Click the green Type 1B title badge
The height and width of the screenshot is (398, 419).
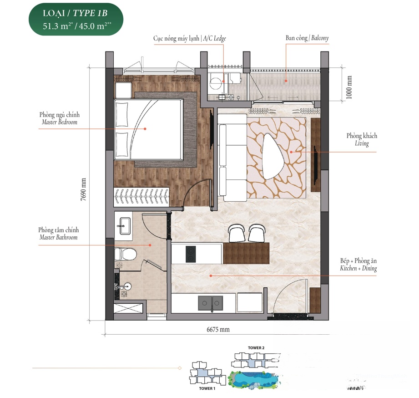(76, 19)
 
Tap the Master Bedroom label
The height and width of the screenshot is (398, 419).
(59, 118)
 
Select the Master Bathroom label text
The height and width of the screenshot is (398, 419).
(59, 234)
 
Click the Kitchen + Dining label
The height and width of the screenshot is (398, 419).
(358, 265)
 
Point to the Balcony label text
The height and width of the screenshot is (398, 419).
(307, 38)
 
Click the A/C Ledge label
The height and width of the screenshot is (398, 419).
(189, 39)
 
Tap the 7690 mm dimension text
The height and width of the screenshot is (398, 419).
(83, 189)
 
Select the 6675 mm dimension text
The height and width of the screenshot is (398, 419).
(218, 329)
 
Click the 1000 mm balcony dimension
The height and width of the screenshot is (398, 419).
(349, 87)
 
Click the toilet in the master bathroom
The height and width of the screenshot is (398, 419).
(125, 254)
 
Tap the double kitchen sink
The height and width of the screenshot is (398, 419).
(210, 303)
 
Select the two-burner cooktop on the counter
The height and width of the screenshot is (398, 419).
(191, 254)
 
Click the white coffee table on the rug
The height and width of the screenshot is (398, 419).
(273, 157)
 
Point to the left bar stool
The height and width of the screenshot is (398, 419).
(236, 233)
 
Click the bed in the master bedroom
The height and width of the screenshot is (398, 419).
(149, 129)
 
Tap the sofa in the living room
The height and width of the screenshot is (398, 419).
(232, 158)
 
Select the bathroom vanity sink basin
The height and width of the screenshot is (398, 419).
(125, 226)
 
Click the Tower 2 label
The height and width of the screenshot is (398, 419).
(256, 348)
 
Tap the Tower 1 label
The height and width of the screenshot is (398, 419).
(207, 388)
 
